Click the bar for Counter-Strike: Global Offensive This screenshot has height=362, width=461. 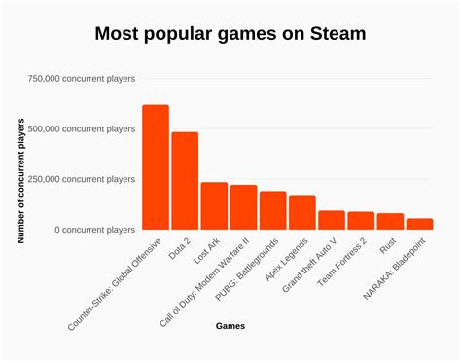pyautogui.click(x=155, y=166)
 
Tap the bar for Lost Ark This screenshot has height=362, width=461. pyautogui.click(x=214, y=205)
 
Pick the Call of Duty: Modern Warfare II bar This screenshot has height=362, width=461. pyautogui.click(x=243, y=206)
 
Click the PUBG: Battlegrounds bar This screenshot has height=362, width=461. pyautogui.click(x=273, y=209)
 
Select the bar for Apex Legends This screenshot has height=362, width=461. pyautogui.click(x=302, y=211)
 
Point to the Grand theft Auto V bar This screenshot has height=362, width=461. pyautogui.click(x=332, y=219)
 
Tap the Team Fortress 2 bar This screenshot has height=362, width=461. pyautogui.click(x=361, y=220)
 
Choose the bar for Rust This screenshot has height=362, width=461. pyautogui.click(x=390, y=221)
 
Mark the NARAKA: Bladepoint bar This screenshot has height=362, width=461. pyautogui.click(x=419, y=223)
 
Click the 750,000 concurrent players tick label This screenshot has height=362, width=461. pyautogui.click(x=82, y=78)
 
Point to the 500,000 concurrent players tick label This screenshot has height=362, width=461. pyautogui.click(x=82, y=128)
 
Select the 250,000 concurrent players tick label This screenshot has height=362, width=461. pyautogui.click(x=82, y=179)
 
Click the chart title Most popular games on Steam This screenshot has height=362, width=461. pyautogui.click(x=230, y=34)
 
